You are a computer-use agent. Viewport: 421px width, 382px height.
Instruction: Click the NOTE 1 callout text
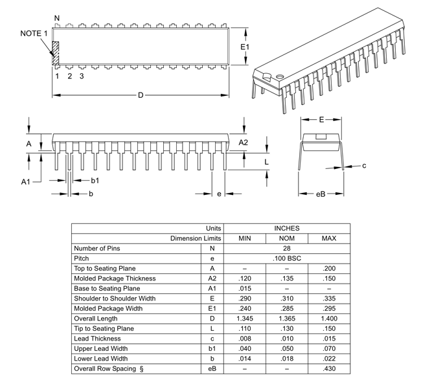point(34,33)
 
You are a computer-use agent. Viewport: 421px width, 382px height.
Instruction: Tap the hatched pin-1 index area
point(56,53)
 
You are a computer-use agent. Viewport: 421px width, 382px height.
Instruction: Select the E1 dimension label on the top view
point(245,47)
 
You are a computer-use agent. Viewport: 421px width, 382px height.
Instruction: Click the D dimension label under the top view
point(141,95)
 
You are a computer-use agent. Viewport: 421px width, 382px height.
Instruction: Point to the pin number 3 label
point(82,76)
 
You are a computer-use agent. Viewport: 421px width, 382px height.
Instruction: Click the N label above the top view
point(57,17)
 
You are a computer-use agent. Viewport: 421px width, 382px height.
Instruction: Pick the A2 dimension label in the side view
point(244,142)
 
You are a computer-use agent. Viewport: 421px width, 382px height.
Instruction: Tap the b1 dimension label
point(95,180)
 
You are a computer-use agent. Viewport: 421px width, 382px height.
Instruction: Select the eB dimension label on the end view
point(320,194)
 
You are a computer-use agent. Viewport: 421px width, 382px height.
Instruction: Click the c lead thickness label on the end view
point(364,166)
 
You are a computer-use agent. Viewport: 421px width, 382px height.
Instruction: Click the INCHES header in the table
point(286,229)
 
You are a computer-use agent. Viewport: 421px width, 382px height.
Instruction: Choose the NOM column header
point(286,238)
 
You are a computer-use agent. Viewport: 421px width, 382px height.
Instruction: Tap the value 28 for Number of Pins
point(286,248)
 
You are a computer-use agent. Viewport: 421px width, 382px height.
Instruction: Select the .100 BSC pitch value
point(286,258)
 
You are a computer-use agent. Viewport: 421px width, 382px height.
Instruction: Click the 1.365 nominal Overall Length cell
point(286,319)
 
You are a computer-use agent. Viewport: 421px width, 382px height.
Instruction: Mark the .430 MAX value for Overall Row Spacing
point(328,369)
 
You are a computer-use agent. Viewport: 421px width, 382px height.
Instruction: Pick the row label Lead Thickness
point(98,339)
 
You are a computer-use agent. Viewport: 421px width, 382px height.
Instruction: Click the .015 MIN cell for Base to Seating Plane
point(244,288)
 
